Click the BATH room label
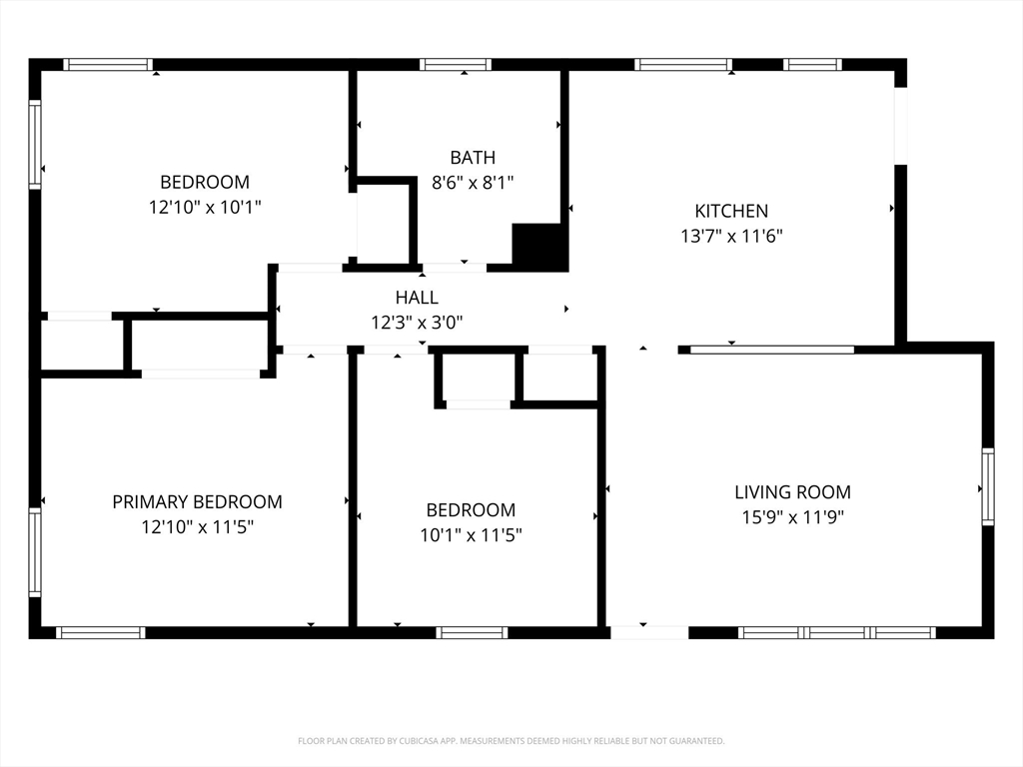coord(473,157)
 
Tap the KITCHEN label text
coord(731,211)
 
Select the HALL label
coord(417,298)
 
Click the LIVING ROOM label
coord(792,491)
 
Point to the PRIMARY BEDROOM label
coord(197,501)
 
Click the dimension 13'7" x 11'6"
coord(731,236)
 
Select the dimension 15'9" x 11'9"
coord(792,517)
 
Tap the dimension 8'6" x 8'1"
coord(473,182)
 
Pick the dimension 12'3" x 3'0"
coord(417,323)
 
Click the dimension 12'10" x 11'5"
coord(197,526)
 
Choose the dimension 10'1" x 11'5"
coord(471,535)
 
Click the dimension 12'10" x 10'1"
coord(205,207)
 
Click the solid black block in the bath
coord(540,248)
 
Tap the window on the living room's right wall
coord(988,486)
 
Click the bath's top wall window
coord(456,64)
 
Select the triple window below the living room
coord(837,632)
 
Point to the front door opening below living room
coord(649,632)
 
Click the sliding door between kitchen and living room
coord(772,350)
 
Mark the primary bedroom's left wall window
coord(35,552)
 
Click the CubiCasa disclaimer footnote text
coord(511,741)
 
